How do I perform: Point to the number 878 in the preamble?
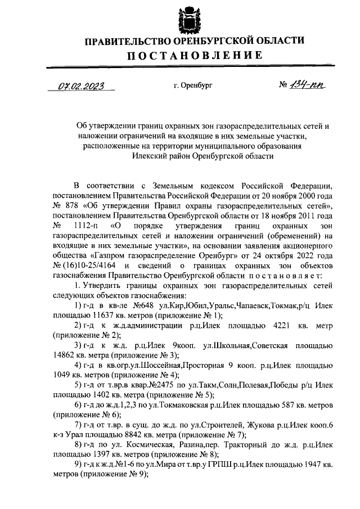[73, 206]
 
